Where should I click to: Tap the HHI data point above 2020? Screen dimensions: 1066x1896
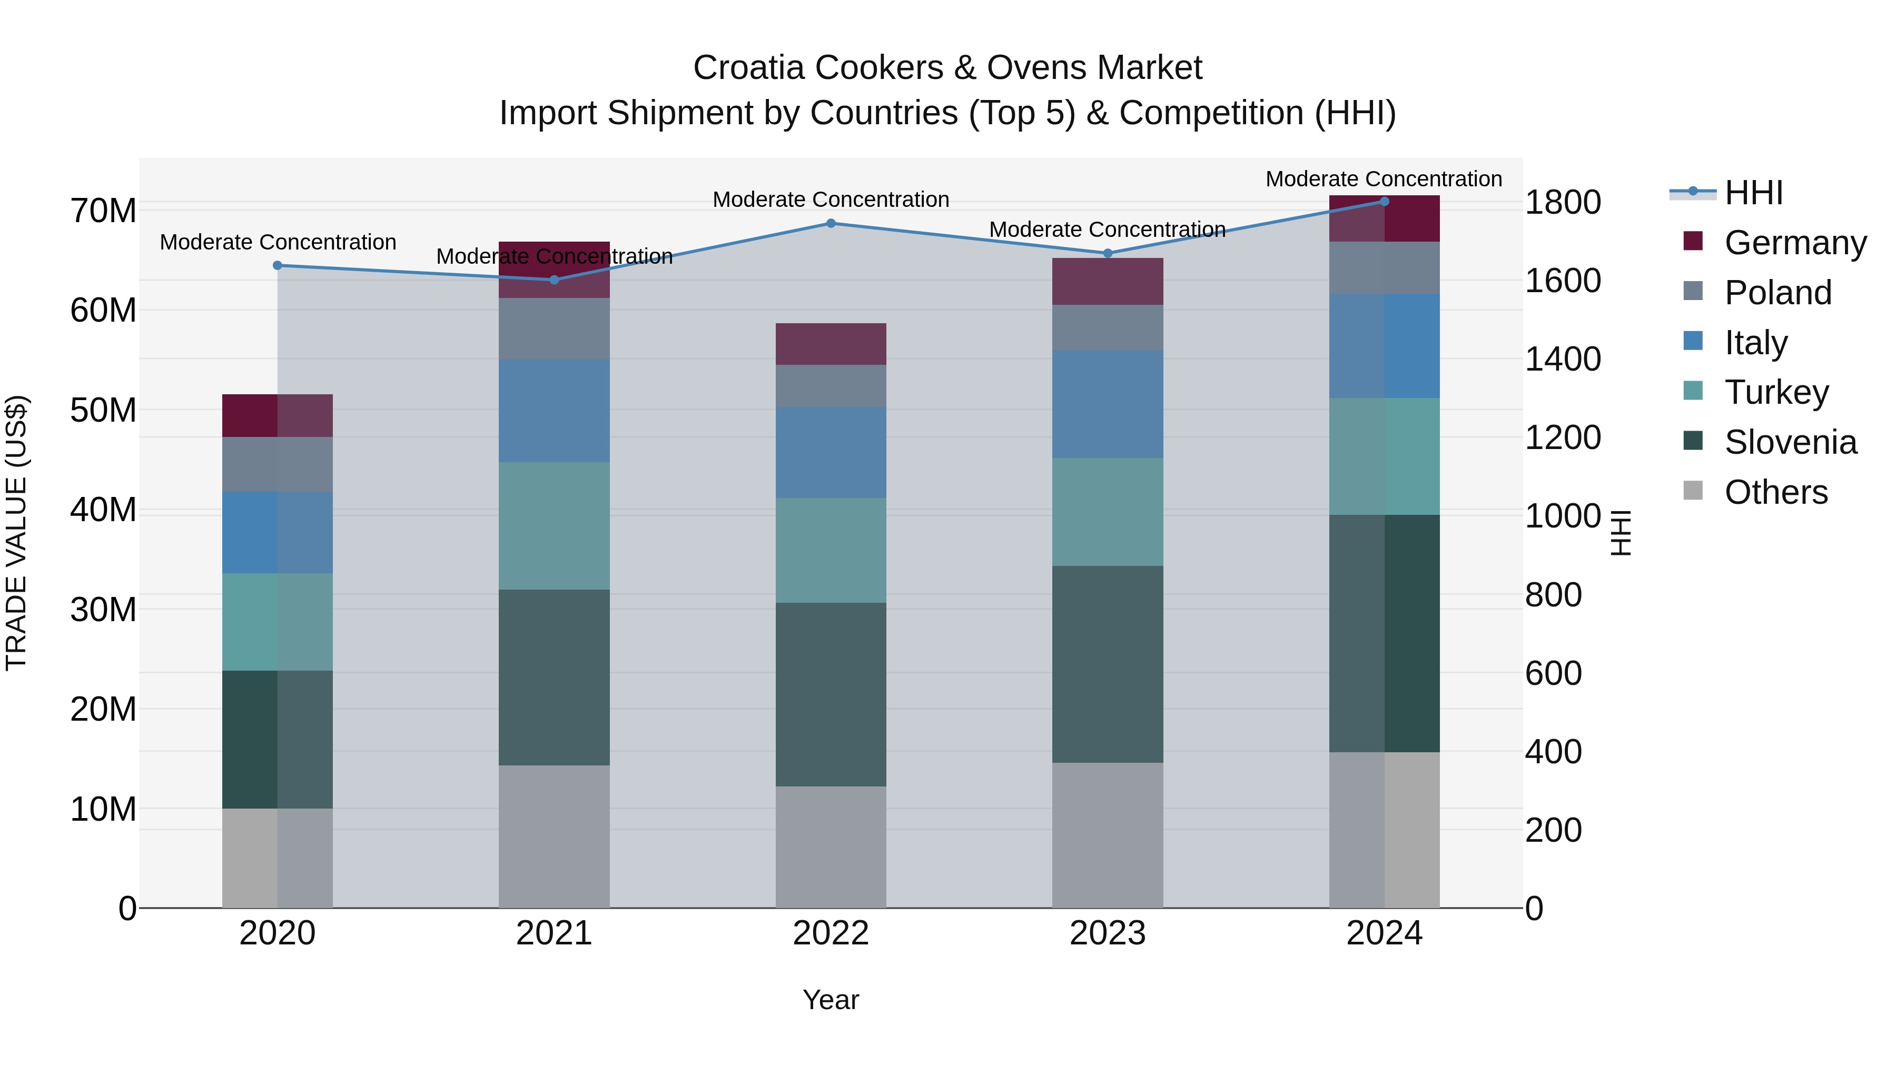click(278, 266)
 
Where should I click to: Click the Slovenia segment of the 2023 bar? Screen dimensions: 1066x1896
click(1107, 664)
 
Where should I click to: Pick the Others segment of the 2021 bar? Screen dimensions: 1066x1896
click(554, 836)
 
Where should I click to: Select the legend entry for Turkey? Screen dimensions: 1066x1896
click(1776, 392)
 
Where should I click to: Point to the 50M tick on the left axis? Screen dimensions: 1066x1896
click(103, 410)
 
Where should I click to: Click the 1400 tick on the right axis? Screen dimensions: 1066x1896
click(1562, 359)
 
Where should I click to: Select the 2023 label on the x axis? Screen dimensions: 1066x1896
click(1107, 933)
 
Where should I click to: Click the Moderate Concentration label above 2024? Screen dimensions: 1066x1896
click(1383, 179)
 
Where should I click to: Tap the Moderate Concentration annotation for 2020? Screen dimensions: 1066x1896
click(278, 242)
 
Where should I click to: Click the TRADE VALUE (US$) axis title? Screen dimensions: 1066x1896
click(16, 533)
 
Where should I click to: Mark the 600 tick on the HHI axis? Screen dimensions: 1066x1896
click(1553, 673)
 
